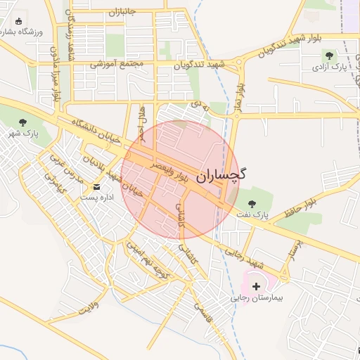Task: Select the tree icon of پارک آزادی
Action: click(x=328, y=56)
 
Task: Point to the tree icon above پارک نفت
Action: click(x=252, y=203)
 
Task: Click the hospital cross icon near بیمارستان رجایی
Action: click(x=256, y=286)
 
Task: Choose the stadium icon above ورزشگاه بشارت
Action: click(x=17, y=21)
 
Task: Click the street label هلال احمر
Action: click(x=143, y=120)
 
